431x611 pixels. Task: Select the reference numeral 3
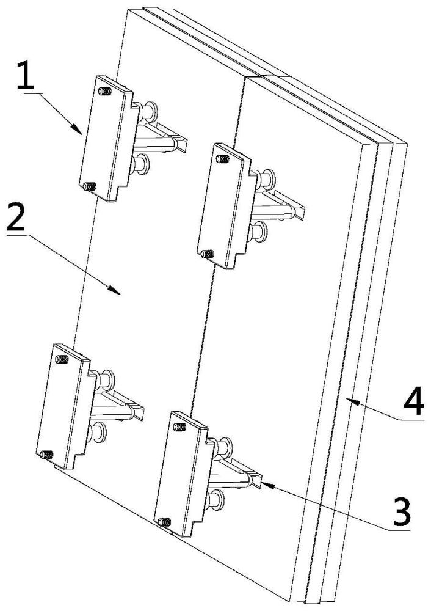399,512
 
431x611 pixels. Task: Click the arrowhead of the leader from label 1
82,132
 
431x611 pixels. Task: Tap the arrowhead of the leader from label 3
263,483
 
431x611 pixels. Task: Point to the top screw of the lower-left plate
62,359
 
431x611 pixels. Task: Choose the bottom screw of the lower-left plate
46,454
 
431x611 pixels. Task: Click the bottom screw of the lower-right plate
164,521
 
